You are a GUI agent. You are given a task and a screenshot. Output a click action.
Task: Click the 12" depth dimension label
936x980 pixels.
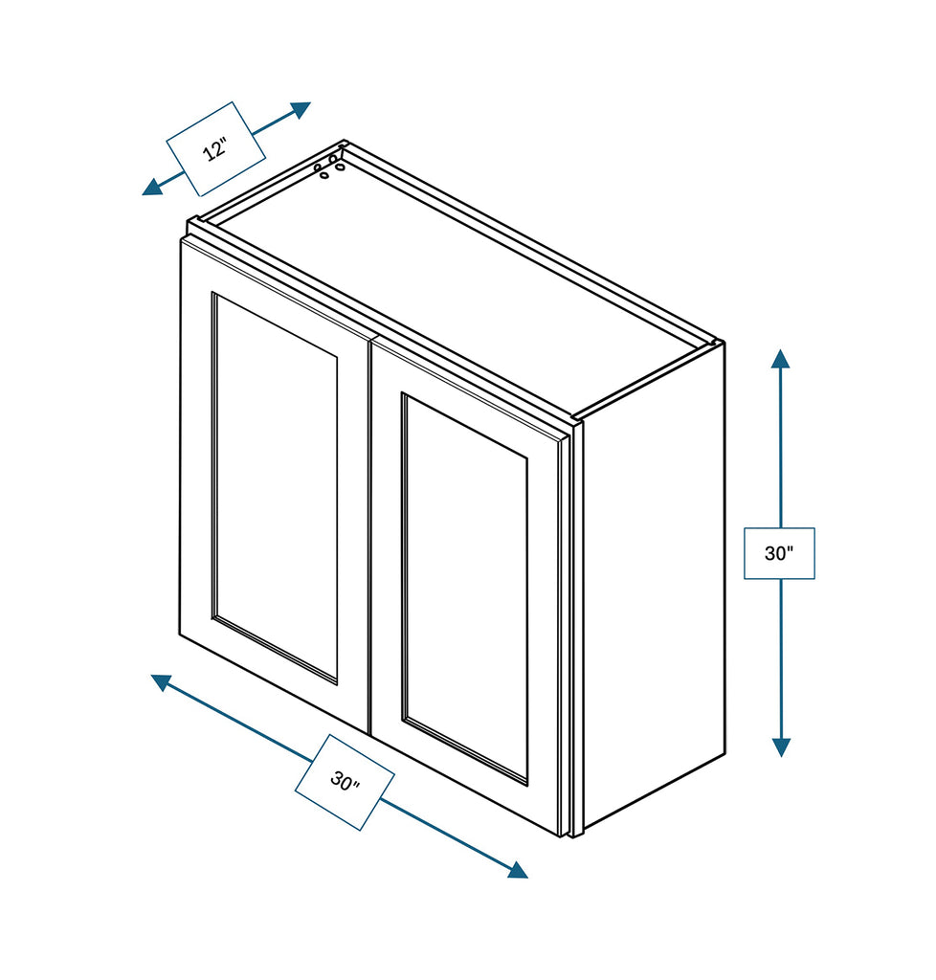coord(215,149)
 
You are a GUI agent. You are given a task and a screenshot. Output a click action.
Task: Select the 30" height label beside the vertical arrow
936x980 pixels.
coord(779,553)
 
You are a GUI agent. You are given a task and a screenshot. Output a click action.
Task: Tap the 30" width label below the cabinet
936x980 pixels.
coord(345,781)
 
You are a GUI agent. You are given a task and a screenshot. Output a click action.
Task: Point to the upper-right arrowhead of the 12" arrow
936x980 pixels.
coord(301,109)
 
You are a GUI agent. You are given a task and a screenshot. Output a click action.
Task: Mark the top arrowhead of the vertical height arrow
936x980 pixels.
coord(780,359)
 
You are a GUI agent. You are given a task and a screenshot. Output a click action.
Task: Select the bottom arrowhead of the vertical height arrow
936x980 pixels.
coord(780,746)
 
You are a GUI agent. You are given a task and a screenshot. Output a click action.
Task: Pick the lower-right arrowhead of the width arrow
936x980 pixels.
coord(517,869)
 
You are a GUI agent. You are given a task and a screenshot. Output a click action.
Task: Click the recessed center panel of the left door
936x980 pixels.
coord(275,488)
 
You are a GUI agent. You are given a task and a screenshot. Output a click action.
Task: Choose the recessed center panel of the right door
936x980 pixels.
coord(465,588)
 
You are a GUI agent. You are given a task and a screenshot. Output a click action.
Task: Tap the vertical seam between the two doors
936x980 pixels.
coord(369,536)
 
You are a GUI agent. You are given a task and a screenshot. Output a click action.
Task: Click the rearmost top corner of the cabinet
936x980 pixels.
coord(344,144)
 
